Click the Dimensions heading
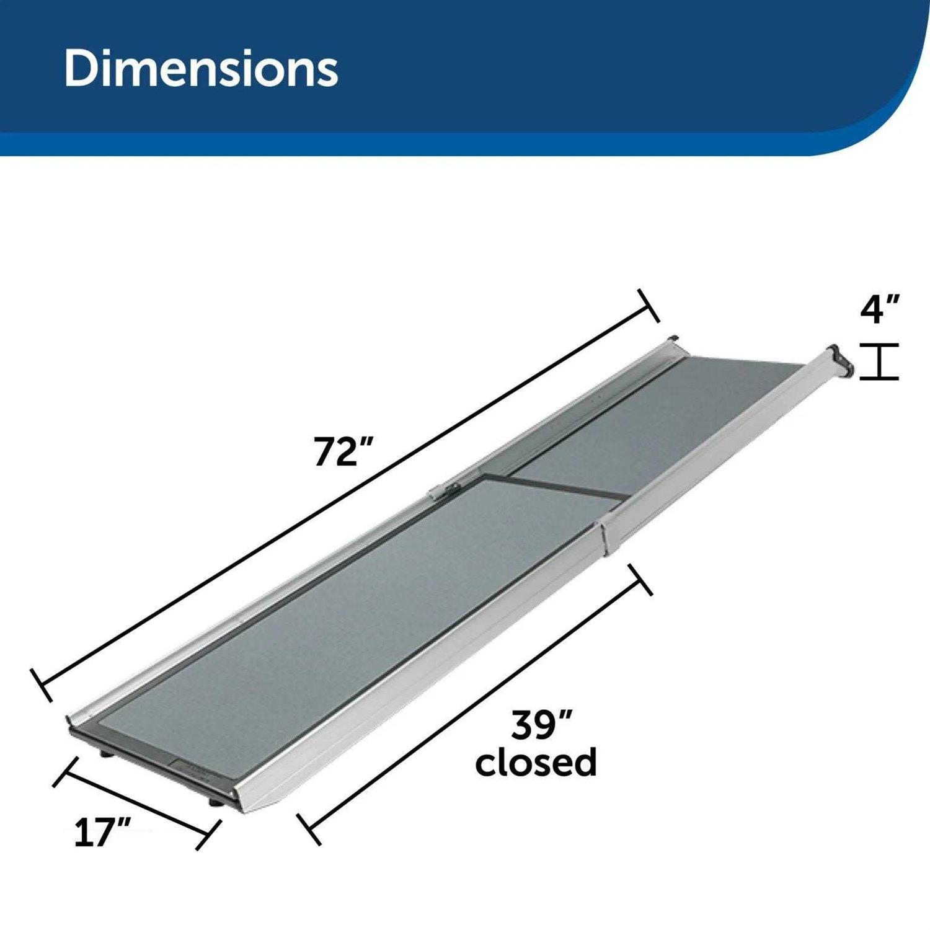coord(201,68)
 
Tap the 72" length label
coord(343,451)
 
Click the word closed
coord(536,762)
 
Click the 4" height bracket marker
coord(880,361)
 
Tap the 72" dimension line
coord(347,493)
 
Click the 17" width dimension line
coord(136,803)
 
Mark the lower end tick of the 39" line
coord(309,829)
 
